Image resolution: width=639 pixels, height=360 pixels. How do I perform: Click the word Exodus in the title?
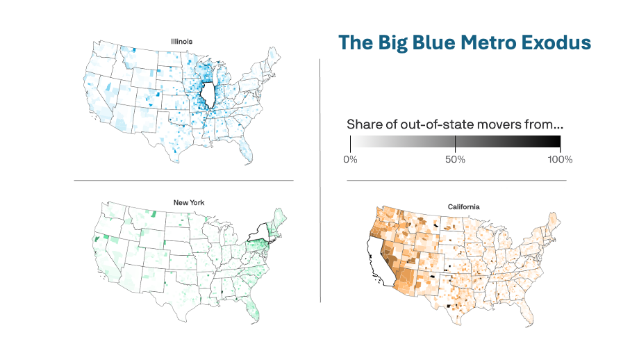(556, 42)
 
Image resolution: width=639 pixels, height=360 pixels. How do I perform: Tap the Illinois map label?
(182, 41)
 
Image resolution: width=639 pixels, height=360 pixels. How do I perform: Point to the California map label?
(463, 207)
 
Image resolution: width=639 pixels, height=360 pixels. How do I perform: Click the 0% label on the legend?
(351, 160)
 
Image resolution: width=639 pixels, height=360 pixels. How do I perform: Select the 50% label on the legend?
(455, 160)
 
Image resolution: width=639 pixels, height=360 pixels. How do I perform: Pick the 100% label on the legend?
(560, 160)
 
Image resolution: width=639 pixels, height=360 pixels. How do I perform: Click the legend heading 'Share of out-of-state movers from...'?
(455, 124)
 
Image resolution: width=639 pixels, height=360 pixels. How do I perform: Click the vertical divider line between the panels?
(320, 181)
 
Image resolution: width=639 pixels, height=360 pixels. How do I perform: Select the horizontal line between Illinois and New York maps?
(183, 181)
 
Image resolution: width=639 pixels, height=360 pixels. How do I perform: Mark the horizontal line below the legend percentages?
(456, 181)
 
